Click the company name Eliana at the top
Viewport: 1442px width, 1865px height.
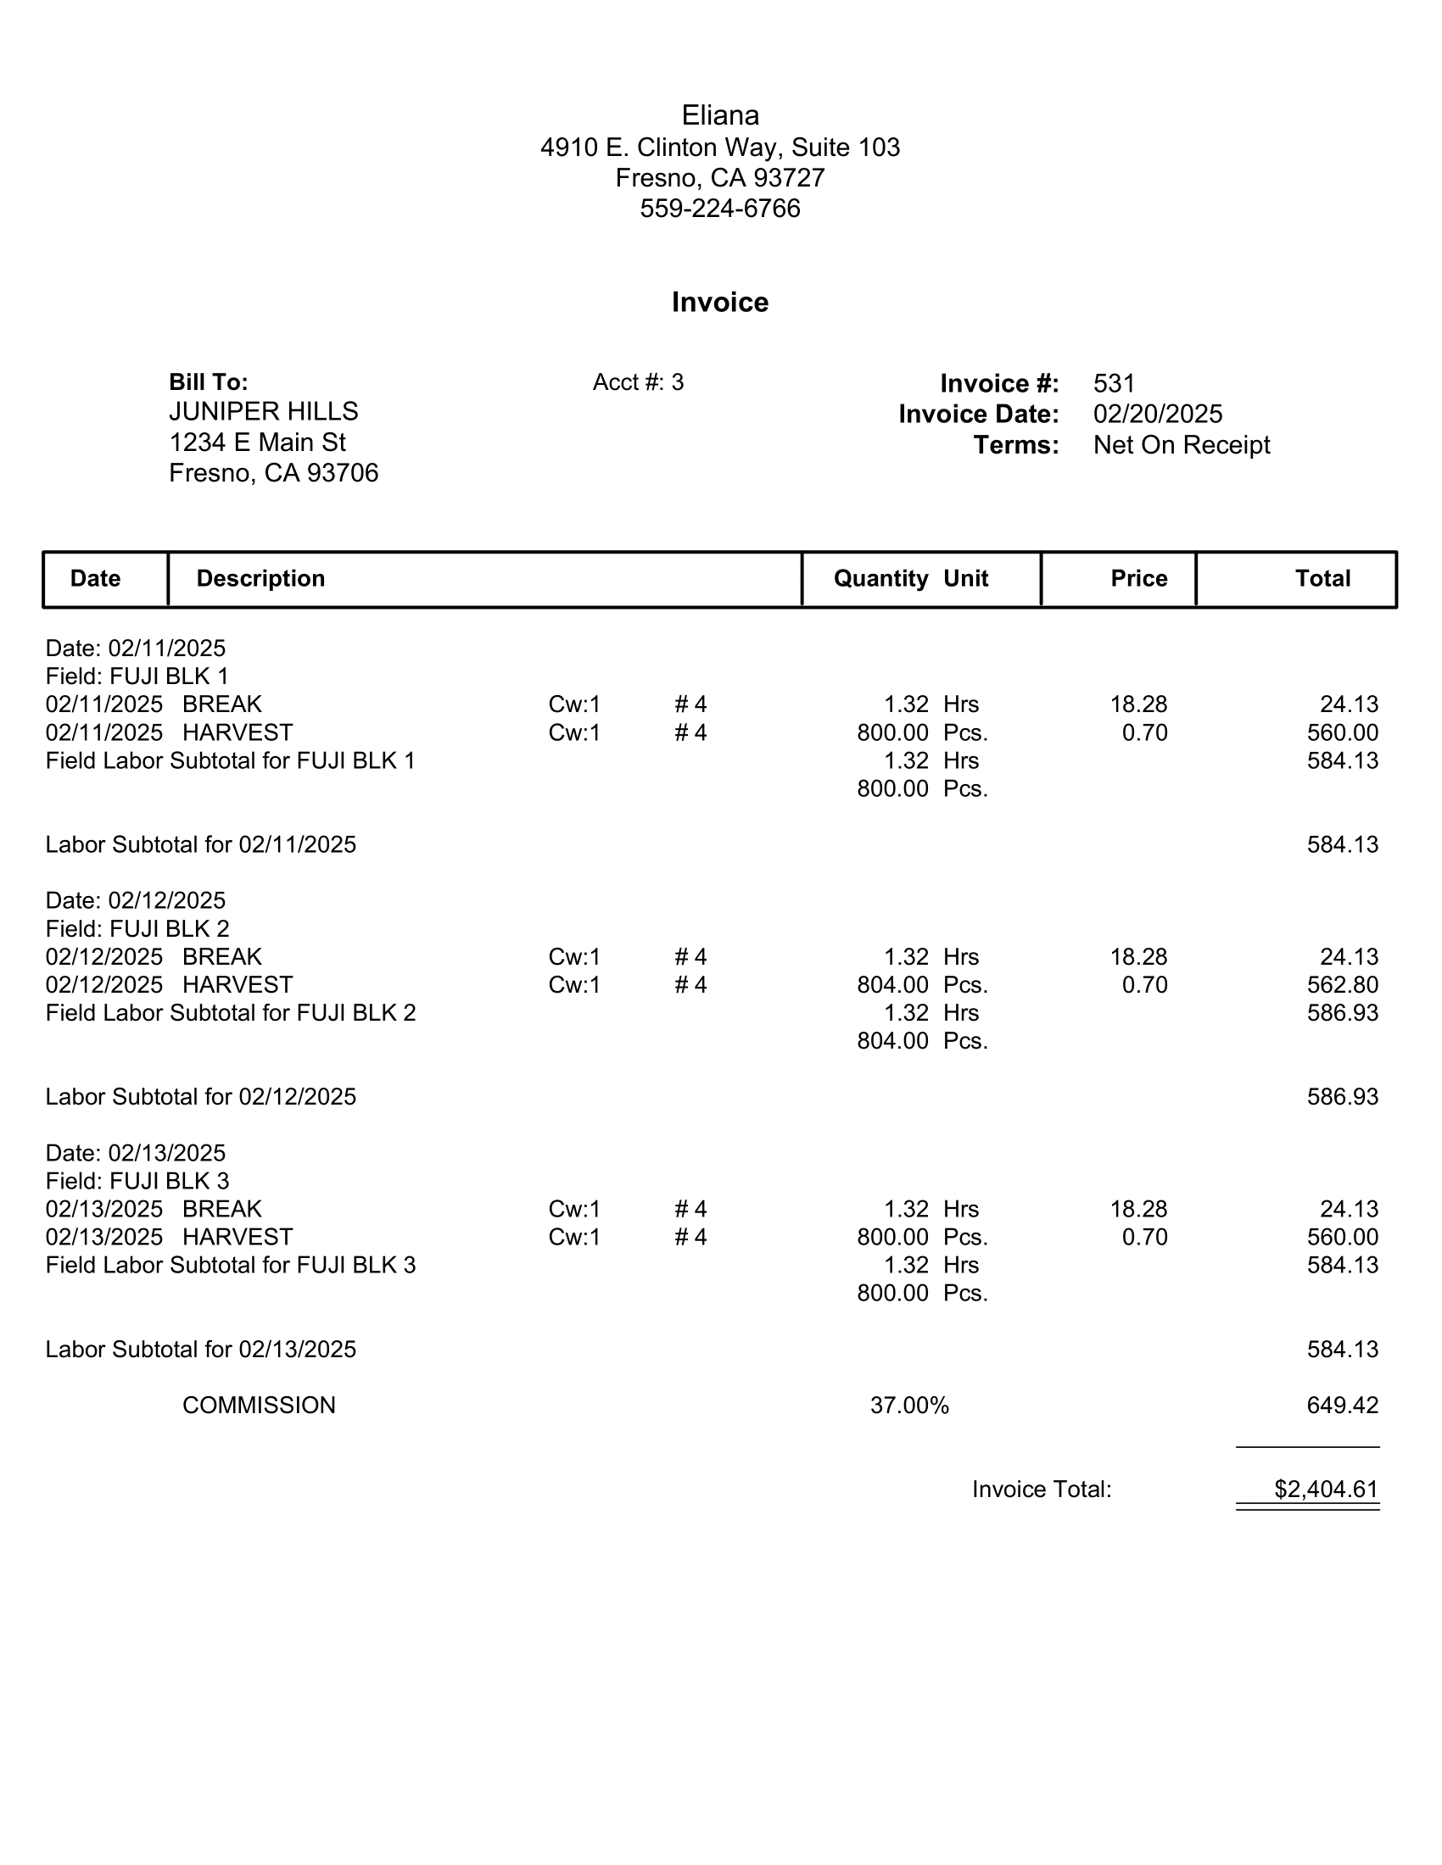click(x=719, y=115)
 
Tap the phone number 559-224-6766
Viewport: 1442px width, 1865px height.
click(x=719, y=209)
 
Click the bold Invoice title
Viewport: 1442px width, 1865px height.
click(x=719, y=303)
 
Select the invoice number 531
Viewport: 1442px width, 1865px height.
click(x=1114, y=383)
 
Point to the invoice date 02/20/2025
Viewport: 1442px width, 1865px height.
click(x=1158, y=415)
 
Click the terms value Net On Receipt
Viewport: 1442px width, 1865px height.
click(x=1182, y=445)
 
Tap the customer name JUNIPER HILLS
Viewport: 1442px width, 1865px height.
click(x=263, y=412)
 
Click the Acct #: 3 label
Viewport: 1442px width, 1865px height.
click(x=638, y=382)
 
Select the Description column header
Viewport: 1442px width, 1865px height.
click(x=260, y=579)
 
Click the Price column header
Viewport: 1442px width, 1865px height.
click(x=1138, y=579)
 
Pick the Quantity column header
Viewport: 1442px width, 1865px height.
click(x=880, y=579)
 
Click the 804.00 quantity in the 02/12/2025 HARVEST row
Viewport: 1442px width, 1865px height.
click(x=892, y=984)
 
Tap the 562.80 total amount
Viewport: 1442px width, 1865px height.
click(x=1342, y=984)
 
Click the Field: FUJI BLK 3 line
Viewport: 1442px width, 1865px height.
click(x=137, y=1181)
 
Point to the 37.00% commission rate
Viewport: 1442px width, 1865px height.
click(x=909, y=1406)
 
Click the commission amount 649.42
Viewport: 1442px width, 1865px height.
click(x=1342, y=1406)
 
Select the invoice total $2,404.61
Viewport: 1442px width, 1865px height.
click(x=1326, y=1489)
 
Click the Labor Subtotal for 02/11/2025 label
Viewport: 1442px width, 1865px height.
click(x=201, y=844)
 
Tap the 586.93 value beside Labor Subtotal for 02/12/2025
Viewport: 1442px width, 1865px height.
click(x=1342, y=1096)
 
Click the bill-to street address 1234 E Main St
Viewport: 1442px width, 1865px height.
click(x=257, y=443)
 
